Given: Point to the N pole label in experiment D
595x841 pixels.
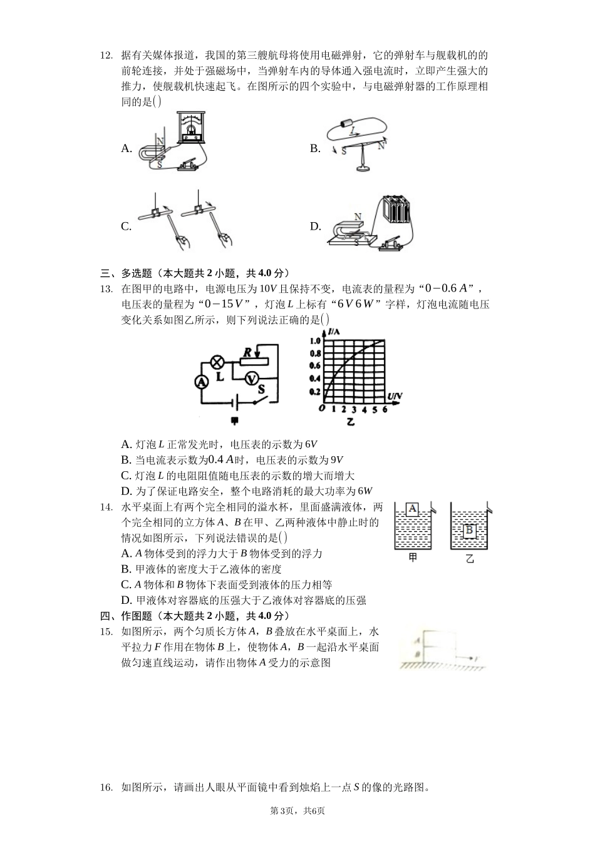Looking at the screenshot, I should (358, 217).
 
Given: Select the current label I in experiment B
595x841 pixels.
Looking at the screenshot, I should (353, 131).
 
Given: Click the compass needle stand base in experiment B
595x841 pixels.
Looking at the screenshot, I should (361, 168).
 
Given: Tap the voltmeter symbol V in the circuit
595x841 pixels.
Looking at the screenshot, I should (251, 378).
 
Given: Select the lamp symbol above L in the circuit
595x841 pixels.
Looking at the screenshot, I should (218, 362).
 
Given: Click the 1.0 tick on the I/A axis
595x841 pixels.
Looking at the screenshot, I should (314, 341).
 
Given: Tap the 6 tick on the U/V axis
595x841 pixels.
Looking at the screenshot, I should (385, 409).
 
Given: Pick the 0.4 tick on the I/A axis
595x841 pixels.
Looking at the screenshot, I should (314, 379).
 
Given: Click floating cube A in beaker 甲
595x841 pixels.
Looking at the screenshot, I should (411, 509).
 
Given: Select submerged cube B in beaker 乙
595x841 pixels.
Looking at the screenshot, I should (469, 531).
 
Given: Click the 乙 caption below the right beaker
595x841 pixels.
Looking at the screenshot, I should (469, 558).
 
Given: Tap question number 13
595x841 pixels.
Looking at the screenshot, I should (106, 288).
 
